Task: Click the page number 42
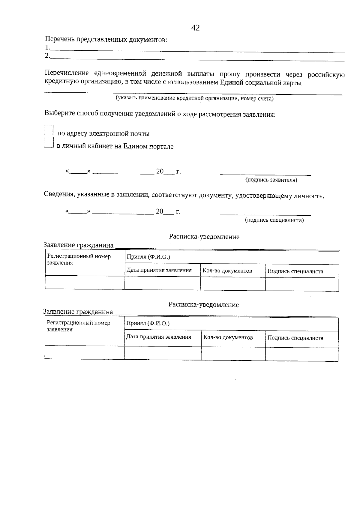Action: [x=195, y=28]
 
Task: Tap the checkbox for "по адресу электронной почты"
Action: [x=49, y=131]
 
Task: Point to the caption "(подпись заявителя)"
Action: [x=271, y=180]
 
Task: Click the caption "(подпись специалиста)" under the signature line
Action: [x=274, y=220]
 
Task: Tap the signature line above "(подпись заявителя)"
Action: [x=265, y=174]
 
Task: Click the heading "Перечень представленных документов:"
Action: [x=106, y=40]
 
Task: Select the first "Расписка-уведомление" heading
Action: [x=204, y=237]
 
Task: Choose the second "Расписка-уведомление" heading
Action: [x=204, y=305]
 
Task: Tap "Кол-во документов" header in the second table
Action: [x=228, y=337]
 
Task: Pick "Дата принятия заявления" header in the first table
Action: [x=159, y=270]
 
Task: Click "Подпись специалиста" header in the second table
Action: [x=295, y=338]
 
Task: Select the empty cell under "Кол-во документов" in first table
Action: [x=232, y=283]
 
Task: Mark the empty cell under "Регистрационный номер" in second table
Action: [x=84, y=352]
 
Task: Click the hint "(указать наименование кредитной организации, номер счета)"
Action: [x=195, y=98]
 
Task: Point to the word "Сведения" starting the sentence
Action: [x=59, y=195]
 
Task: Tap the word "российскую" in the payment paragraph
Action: [x=326, y=75]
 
